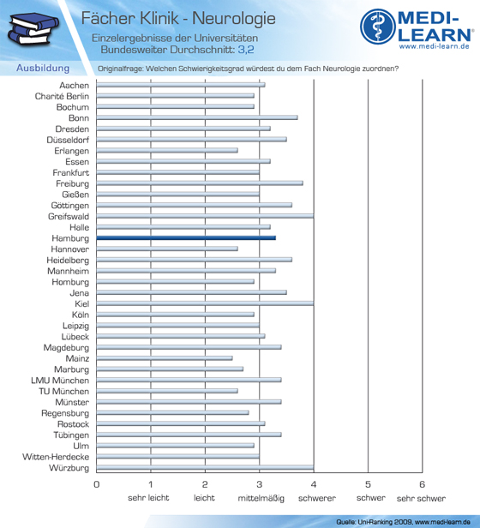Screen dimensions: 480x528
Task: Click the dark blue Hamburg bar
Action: pos(186,238)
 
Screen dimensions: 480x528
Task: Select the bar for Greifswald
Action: pos(205,216)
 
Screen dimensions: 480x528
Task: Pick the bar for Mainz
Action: pos(165,358)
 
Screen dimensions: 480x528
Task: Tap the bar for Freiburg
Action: pos(200,183)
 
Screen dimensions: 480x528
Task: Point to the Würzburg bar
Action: pos(205,468)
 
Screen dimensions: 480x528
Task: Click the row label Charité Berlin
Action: pos(62,96)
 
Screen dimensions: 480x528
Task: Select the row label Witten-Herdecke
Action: pos(56,457)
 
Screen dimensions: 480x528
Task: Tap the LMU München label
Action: pos(60,381)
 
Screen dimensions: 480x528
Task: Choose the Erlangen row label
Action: pos(72,151)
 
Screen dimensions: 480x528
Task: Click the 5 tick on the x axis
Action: pos(368,484)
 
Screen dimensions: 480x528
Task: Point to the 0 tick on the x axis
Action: pos(97,484)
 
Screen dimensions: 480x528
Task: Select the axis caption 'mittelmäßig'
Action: pos(261,498)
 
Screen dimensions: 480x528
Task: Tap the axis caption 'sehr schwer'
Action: pos(421,498)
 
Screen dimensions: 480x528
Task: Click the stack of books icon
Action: pos(33,28)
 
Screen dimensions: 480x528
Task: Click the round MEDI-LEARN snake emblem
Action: pos(378,27)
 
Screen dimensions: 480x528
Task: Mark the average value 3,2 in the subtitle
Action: pos(246,50)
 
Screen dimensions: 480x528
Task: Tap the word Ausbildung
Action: pos(43,68)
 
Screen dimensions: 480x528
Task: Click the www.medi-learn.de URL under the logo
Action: pos(435,46)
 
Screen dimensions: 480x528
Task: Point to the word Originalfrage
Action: pos(120,69)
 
